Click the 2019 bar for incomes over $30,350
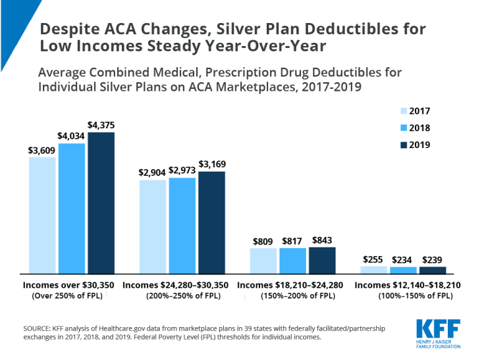pos(101,203)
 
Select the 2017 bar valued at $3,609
pos(42,215)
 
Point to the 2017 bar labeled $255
pos(374,270)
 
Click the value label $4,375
pos(101,124)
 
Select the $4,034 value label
pos(72,135)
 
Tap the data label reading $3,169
pos(211,163)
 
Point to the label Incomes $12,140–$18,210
pos(407,286)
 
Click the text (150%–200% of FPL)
pos(291,296)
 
